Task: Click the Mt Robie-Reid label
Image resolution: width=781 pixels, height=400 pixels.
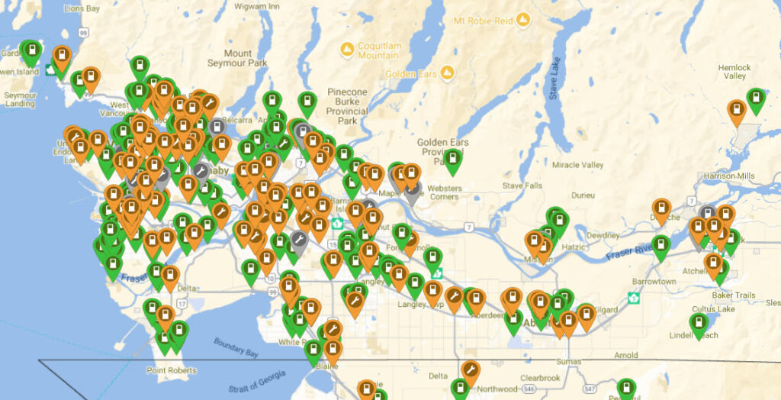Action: point(484,20)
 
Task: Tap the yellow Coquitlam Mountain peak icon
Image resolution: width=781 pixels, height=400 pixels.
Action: point(347,50)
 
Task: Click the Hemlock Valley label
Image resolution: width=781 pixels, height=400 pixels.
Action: point(734,72)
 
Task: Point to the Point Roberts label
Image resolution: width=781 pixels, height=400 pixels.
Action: point(172,370)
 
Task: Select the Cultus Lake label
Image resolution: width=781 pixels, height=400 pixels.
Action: point(712,309)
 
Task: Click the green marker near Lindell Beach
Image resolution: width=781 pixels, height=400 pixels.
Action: point(698,324)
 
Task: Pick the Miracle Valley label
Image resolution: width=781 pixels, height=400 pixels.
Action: point(577,165)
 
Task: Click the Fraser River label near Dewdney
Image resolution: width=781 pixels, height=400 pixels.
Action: point(630,250)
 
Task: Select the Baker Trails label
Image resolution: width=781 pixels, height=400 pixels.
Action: point(733,295)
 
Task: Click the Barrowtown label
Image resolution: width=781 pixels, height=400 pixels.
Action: point(654,282)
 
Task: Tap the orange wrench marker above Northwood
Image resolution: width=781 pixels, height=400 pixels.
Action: point(471,372)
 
